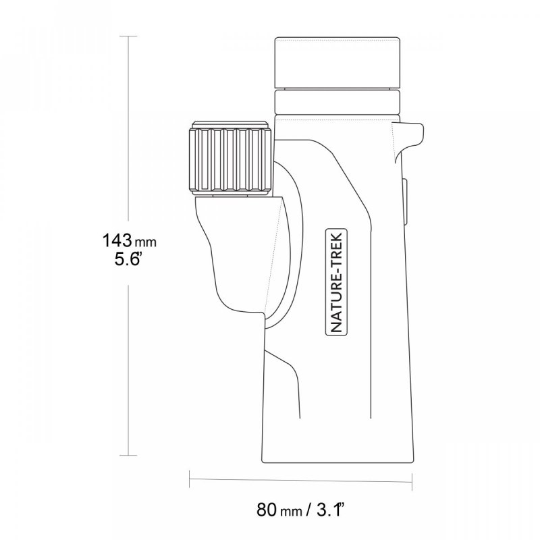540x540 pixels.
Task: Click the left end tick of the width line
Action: [x=189, y=480]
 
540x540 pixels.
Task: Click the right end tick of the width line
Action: [x=412, y=480]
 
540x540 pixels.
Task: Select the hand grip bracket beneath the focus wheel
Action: [x=236, y=256]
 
